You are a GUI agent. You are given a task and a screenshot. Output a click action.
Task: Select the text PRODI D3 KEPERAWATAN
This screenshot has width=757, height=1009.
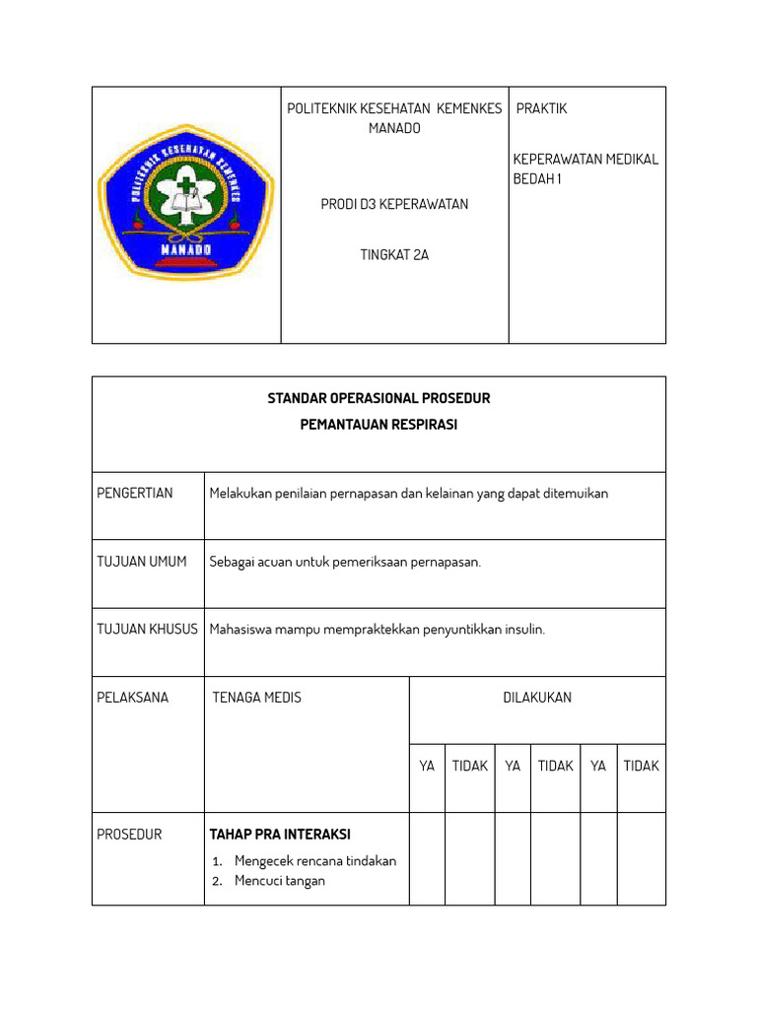coord(394,205)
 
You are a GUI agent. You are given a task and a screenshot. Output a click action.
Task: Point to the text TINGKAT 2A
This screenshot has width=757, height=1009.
coord(394,254)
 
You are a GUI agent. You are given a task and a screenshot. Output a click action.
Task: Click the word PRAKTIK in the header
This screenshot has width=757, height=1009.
coord(541,108)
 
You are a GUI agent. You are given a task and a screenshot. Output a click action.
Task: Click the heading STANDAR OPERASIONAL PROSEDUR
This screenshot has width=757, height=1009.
coord(378,399)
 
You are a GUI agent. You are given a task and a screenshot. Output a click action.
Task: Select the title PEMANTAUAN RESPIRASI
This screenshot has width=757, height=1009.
coord(378,425)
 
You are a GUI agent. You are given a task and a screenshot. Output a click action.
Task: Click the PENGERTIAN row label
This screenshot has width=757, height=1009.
coord(135,493)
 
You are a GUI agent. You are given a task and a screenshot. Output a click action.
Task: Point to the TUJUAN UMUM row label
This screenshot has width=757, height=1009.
coord(142,562)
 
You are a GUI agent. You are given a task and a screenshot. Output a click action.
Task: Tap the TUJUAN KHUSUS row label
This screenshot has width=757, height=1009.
coord(147,630)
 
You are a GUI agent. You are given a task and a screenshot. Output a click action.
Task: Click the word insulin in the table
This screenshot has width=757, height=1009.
coord(522,630)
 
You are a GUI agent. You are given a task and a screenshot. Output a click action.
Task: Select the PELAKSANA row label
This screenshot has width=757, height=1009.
coord(133,698)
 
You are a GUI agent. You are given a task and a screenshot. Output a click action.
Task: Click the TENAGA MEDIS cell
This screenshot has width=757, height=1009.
coord(257,698)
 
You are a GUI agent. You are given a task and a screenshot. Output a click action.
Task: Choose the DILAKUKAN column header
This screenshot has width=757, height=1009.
coord(537,698)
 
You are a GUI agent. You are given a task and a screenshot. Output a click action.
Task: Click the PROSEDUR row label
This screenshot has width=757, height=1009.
coord(129,835)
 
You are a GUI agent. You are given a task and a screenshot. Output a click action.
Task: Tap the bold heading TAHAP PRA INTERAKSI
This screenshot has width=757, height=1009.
coord(280,835)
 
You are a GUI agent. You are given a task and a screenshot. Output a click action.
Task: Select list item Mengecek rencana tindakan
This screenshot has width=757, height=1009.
coord(314,861)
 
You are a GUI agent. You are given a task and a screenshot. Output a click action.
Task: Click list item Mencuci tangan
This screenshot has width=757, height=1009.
coord(279,881)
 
